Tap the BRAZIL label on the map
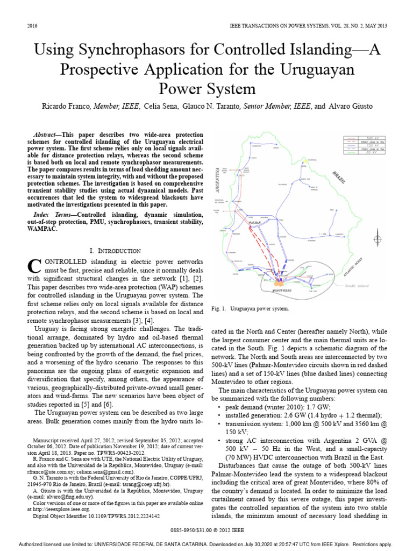tap(339, 177)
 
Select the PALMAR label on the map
tap(255, 222)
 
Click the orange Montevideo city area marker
tap(279, 282)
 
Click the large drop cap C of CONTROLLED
tap(33, 265)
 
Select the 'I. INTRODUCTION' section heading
tap(115, 251)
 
